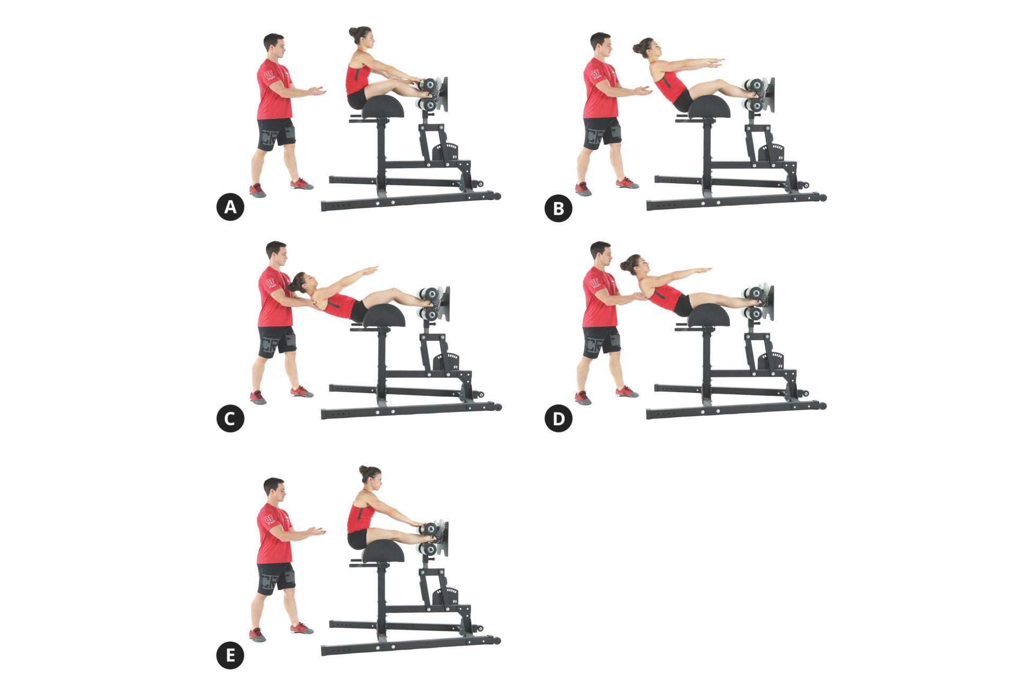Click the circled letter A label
click(230, 207)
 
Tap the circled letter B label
click(558, 208)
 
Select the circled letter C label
click(230, 419)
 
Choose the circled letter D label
click(558, 419)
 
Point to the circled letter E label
click(230, 655)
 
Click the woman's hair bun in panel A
click(353, 32)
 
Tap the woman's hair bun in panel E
click(364, 470)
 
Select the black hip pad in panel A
click(383, 107)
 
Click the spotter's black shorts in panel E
click(276, 577)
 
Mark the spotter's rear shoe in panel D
click(583, 398)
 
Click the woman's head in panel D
click(637, 264)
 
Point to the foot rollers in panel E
click(429, 538)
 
